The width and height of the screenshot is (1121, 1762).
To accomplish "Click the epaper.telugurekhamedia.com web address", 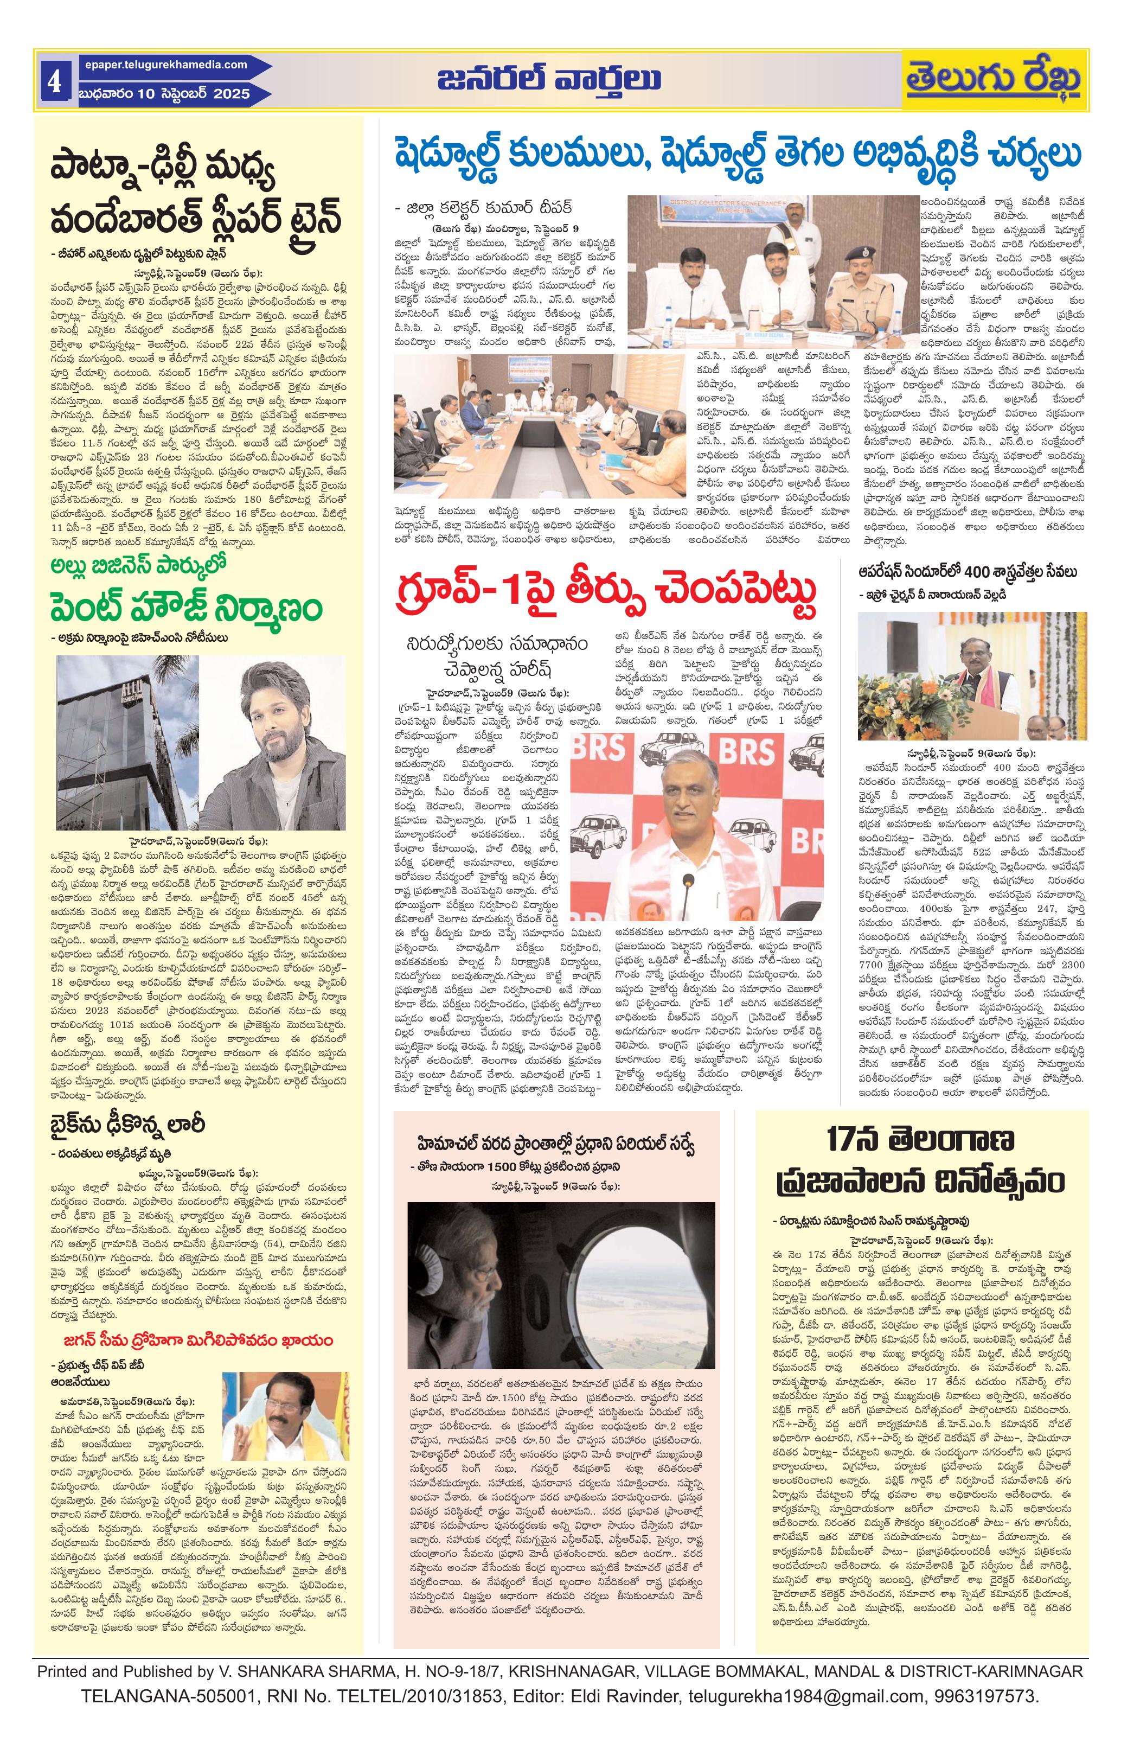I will (161, 65).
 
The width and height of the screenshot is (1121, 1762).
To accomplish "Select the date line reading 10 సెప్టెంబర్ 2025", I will (165, 94).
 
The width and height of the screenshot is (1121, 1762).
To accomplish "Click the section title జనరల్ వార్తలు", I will (549, 78).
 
